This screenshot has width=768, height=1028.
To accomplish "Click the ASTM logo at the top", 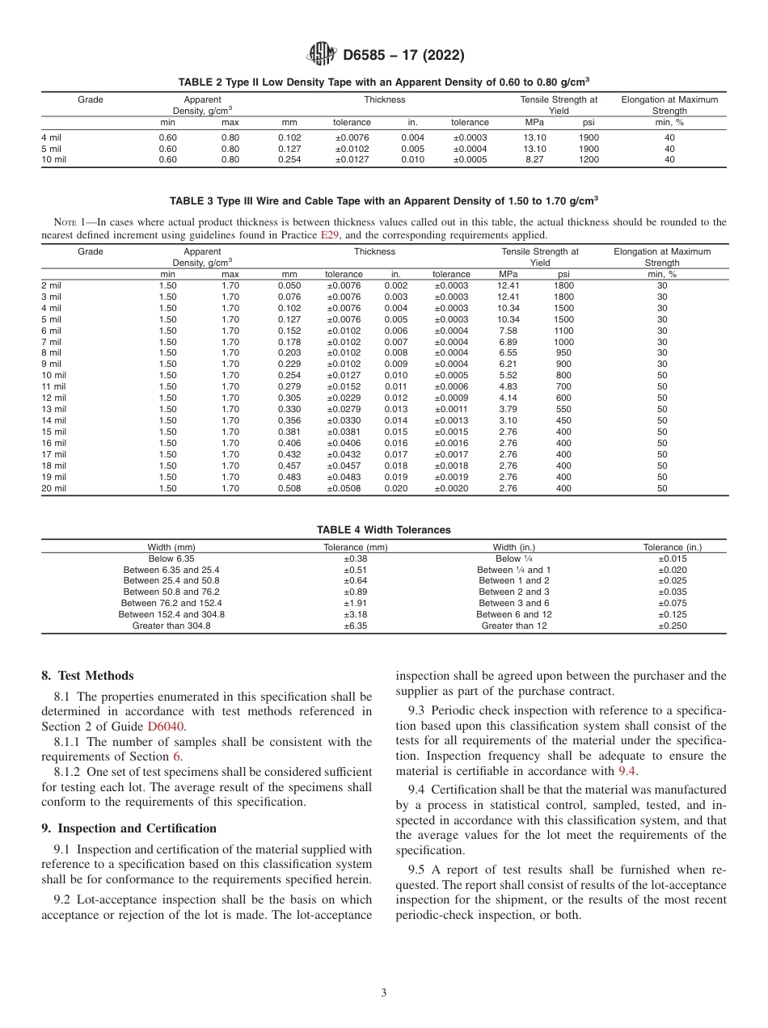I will tap(321, 55).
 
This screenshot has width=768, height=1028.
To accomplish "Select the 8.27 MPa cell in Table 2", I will tap(534, 160).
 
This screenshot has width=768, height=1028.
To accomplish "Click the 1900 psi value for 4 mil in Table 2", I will tap(589, 137).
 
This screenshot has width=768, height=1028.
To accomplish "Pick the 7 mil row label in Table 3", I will tap(51, 343).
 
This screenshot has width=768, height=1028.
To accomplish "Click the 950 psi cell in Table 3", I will tap(563, 353).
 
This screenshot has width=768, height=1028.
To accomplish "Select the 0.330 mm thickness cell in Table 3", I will tap(289, 409).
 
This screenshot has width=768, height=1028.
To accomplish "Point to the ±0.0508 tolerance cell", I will tap(344, 488).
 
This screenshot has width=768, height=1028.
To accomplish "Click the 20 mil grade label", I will tap(53, 488).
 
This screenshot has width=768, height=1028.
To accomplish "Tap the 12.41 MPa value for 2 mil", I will tap(508, 285).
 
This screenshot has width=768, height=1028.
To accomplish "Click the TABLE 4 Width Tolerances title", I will tap(383, 530).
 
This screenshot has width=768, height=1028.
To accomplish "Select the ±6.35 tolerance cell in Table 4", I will tap(356, 626).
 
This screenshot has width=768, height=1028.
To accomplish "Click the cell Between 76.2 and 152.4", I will tap(171, 603).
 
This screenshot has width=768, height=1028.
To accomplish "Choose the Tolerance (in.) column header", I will tap(672, 547).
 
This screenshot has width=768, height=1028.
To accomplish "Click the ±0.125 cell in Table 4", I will tap(672, 614).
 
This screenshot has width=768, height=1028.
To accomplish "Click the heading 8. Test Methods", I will tap(87, 676).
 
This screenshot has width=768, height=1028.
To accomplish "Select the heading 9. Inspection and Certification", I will tap(129, 828).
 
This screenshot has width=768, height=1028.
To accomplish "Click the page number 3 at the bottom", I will tap(383, 993).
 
